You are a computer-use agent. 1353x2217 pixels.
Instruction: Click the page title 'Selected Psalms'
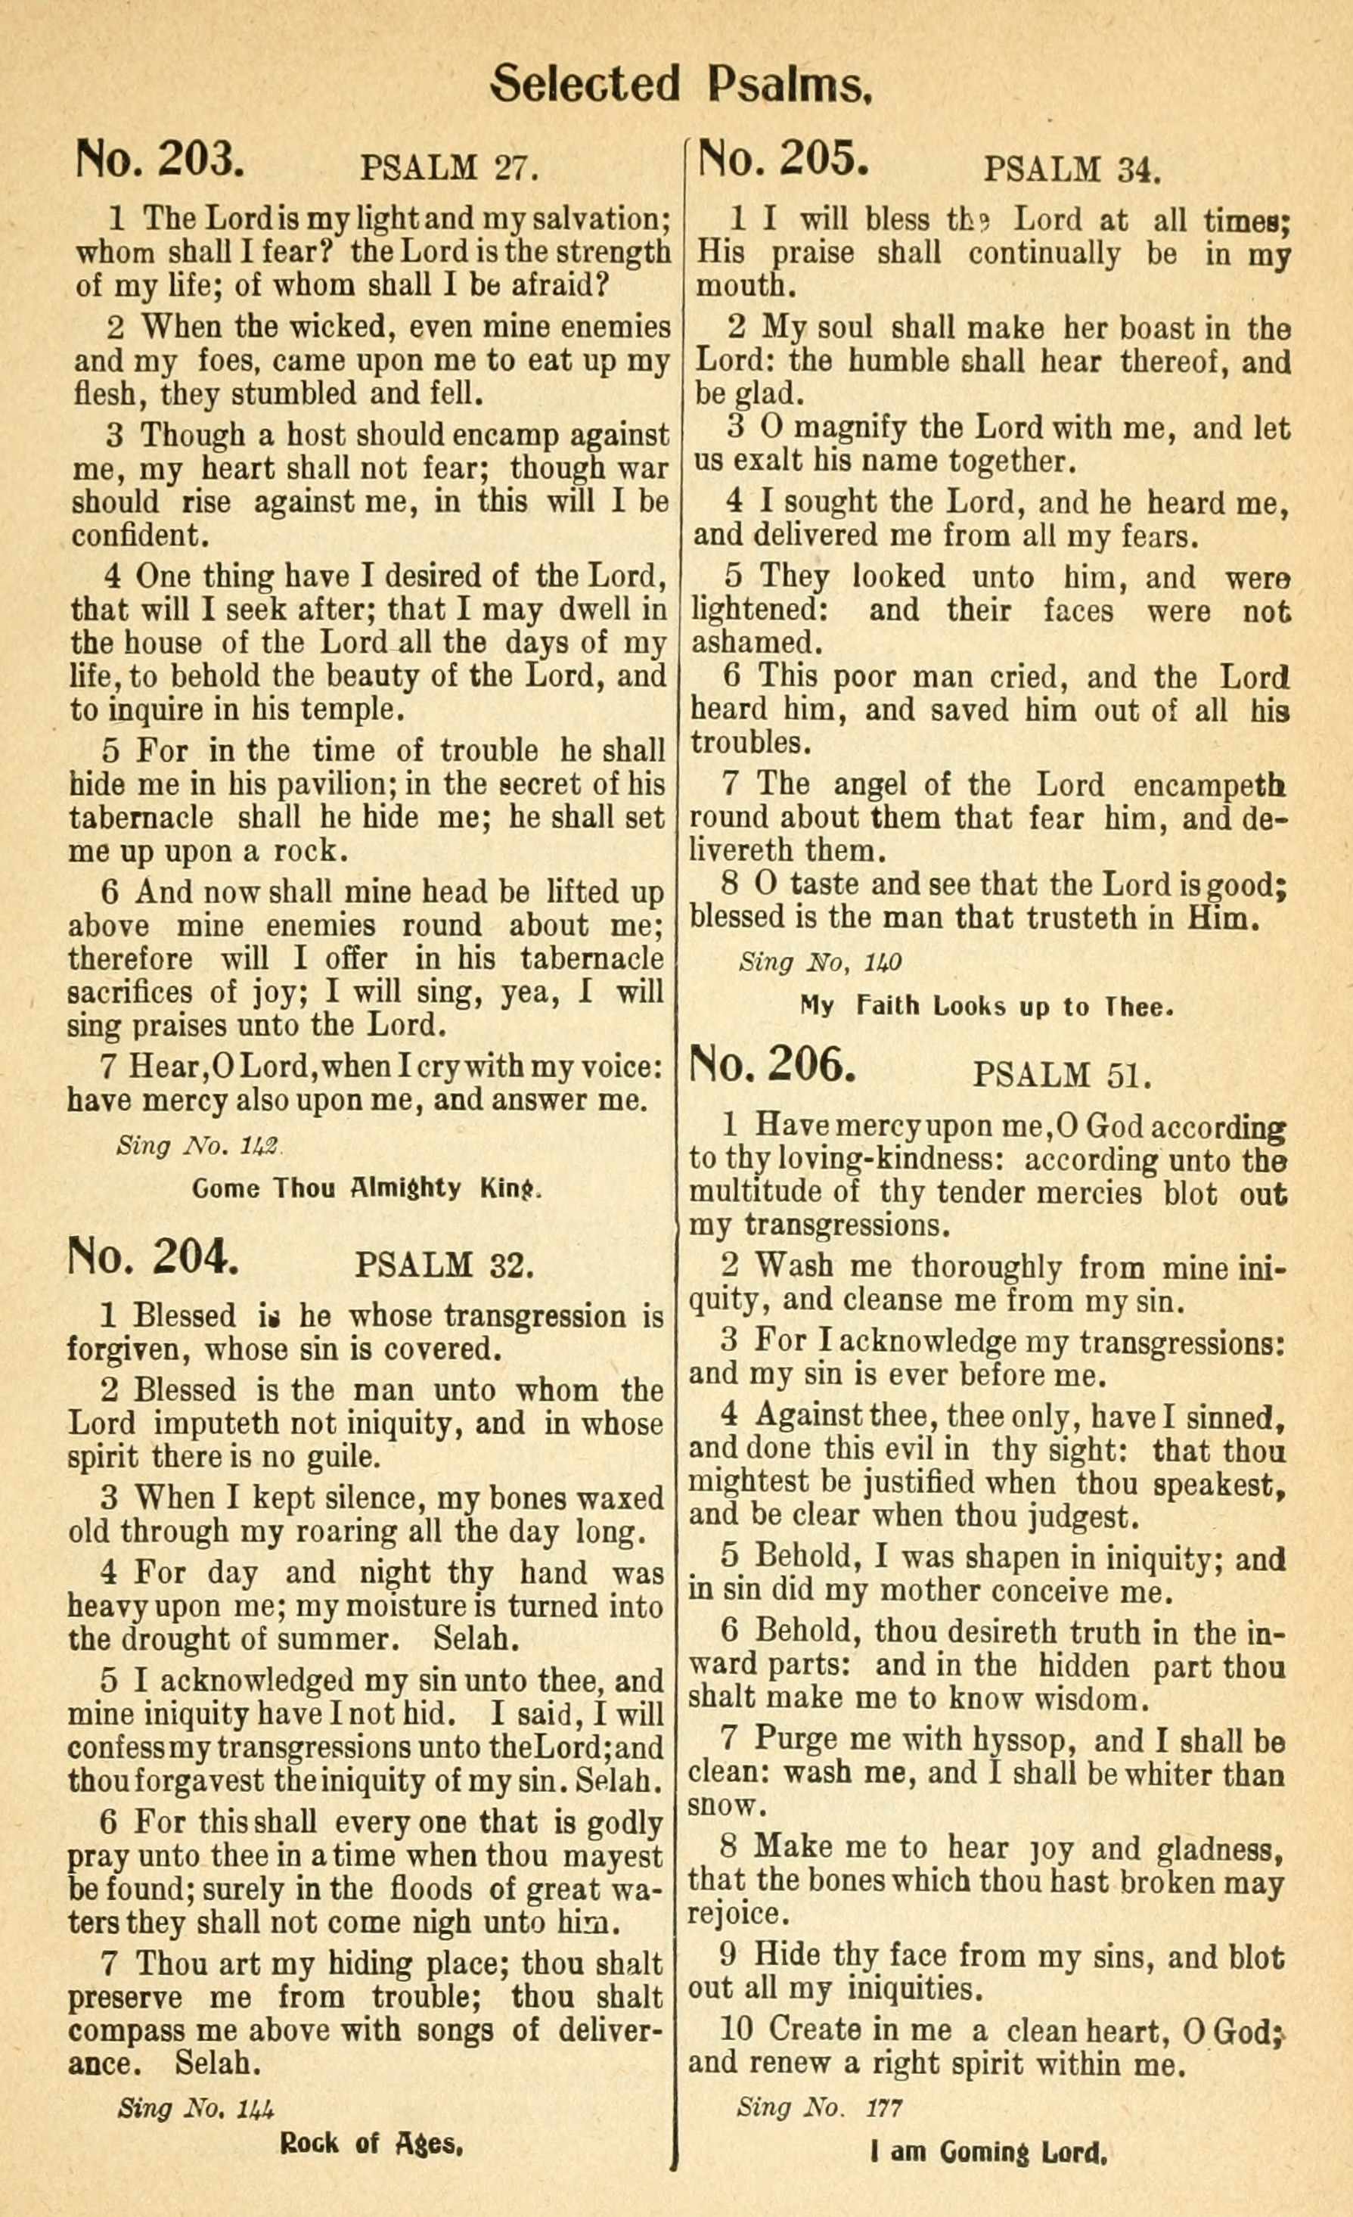pyautogui.click(x=681, y=85)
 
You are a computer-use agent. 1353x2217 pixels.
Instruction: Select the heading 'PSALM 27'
pyautogui.click(x=449, y=168)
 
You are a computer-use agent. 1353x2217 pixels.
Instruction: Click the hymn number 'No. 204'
pyautogui.click(x=154, y=1257)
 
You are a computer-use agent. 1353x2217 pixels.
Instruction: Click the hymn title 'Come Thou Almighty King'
pyautogui.click(x=367, y=1188)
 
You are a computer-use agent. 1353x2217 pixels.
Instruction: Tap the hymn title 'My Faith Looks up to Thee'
pyautogui.click(x=987, y=1006)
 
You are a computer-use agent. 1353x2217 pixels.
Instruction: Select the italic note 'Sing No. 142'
pyautogui.click(x=199, y=1146)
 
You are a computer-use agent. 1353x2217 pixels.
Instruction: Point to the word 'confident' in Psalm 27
pyautogui.click(x=138, y=536)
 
